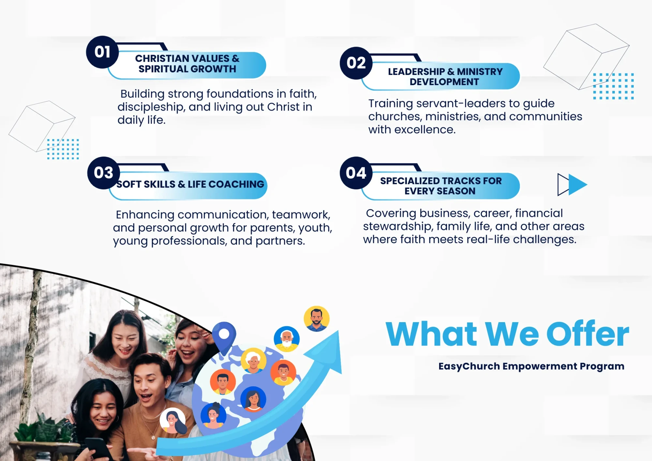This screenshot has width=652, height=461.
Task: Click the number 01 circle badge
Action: tap(102, 52)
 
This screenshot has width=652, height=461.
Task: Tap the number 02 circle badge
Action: tap(356, 63)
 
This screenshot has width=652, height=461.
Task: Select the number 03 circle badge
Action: tap(104, 173)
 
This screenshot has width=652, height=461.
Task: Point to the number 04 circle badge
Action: tap(356, 173)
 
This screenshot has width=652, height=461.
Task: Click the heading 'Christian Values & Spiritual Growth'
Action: tap(187, 64)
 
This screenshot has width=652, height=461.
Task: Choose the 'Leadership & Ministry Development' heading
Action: tap(445, 77)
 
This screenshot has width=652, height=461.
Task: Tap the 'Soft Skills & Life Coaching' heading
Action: tap(190, 184)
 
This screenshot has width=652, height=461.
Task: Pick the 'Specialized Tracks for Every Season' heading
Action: tap(441, 186)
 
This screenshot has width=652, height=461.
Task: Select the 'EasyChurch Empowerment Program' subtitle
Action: tap(531, 366)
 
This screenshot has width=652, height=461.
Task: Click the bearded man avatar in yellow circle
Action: tap(317, 319)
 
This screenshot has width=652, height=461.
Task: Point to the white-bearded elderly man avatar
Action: tap(287, 339)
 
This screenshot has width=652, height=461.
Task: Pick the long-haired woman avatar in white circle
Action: tap(173, 421)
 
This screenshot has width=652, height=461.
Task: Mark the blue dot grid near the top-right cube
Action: tap(613, 86)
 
